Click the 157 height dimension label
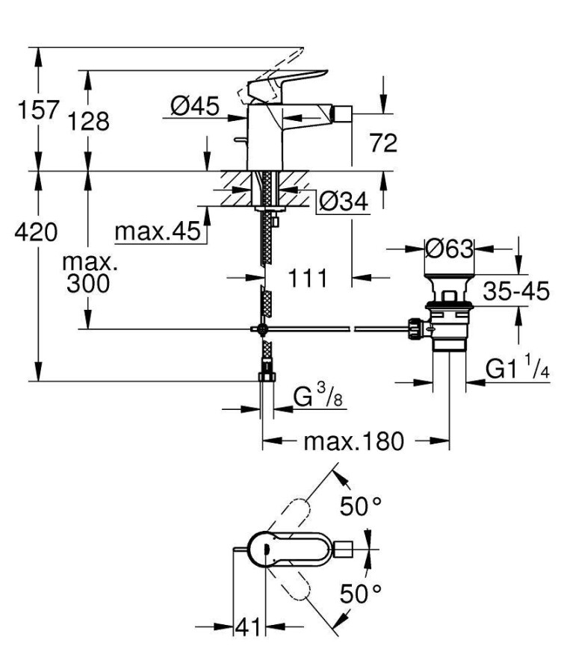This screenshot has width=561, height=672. [38, 110]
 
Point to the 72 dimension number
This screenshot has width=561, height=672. [382, 143]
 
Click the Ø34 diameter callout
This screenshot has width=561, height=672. [344, 201]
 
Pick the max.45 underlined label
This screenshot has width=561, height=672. [158, 232]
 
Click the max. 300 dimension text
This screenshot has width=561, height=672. [88, 273]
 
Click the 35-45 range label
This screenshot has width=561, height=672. [515, 290]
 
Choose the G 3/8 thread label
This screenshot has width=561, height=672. [313, 396]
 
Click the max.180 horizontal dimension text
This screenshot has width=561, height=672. [353, 441]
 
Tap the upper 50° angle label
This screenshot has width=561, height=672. [361, 507]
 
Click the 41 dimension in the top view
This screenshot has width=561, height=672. [247, 627]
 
